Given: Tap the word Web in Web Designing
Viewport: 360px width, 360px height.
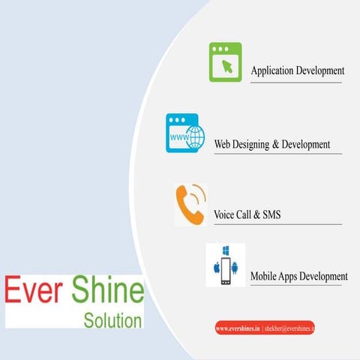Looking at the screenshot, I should point(222,143).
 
